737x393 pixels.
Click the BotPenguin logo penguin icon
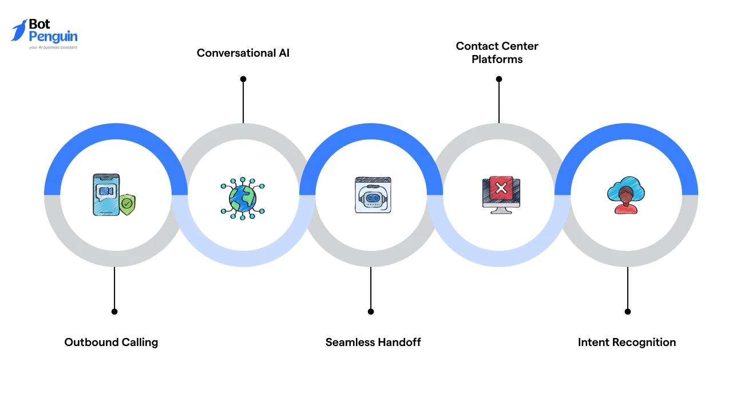(19, 30)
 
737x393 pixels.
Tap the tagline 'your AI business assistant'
(53, 48)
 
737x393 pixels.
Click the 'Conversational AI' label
(243, 53)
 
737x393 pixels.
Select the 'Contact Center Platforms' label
(497, 52)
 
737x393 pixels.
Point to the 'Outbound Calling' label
(111, 342)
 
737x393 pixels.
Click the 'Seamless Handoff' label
(373, 342)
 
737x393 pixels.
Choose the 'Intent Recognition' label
(627, 342)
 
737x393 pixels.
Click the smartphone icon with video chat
(106, 194)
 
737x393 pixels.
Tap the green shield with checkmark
(127, 204)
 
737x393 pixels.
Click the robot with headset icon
(373, 195)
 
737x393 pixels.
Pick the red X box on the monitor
(501, 187)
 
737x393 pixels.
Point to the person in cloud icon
(625, 195)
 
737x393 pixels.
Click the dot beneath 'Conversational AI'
(243, 79)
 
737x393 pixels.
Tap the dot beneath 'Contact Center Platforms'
(499, 79)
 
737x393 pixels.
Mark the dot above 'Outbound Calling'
(114, 312)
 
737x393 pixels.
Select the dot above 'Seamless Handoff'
(371, 312)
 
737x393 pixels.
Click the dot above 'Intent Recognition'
(628, 312)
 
